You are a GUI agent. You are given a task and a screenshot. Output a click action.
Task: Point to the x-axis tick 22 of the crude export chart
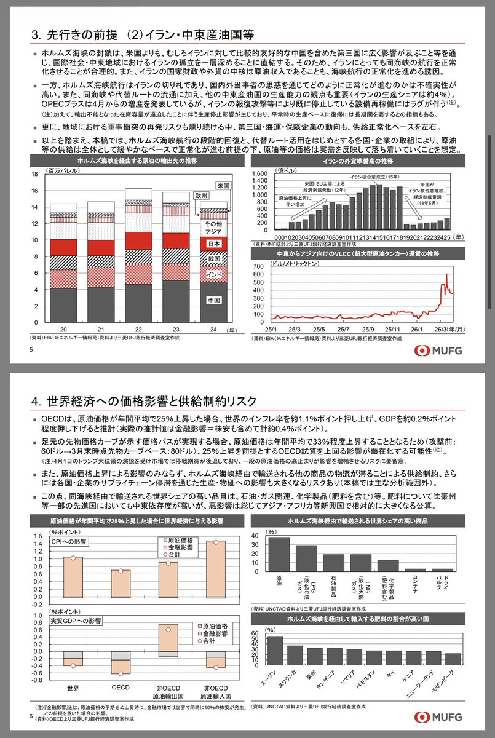tap(135, 329)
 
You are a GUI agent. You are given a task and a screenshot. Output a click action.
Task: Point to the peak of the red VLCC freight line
tap(446, 274)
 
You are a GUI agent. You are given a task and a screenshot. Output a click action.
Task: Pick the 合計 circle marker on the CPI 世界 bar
tap(73, 541)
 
